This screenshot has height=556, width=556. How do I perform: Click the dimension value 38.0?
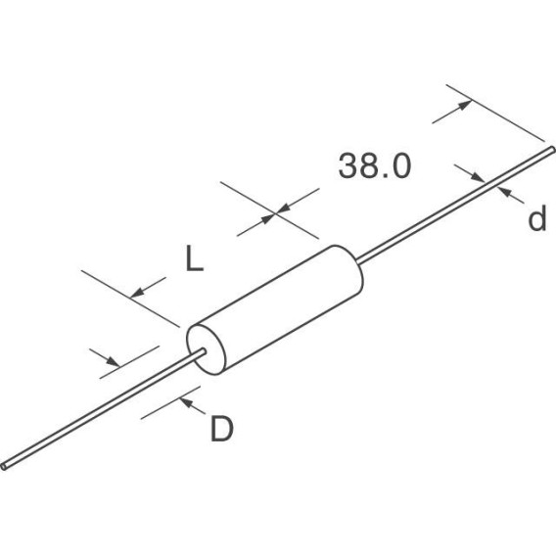click(x=375, y=166)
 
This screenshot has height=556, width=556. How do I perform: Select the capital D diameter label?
click(x=222, y=429)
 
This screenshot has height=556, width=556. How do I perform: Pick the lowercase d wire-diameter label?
click(x=537, y=218)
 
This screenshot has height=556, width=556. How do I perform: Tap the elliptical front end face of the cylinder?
click(x=206, y=349)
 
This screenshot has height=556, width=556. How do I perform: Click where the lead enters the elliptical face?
click(x=204, y=351)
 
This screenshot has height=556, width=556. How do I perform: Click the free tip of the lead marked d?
click(x=552, y=150)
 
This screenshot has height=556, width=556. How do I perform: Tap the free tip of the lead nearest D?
click(x=4, y=466)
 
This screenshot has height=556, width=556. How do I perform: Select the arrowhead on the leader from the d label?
click(x=503, y=192)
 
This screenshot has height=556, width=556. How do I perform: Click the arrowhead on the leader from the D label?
click(x=186, y=402)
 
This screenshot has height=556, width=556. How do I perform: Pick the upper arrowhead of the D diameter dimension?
click(x=114, y=362)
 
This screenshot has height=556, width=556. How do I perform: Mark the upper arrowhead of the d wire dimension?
click(x=478, y=177)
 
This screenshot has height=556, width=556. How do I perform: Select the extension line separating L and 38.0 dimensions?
click(x=269, y=210)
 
